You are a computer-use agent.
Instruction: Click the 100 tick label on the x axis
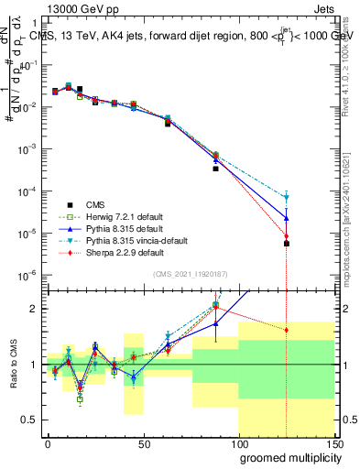coord(238,443)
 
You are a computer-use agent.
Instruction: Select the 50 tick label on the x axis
coord(143,443)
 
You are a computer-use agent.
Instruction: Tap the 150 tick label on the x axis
coord(333,443)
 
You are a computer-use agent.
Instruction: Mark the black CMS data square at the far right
coord(287,244)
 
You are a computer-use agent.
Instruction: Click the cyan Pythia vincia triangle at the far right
coord(287,197)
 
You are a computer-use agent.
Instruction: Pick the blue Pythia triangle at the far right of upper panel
coord(287,217)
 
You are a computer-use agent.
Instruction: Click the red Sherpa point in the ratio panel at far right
coord(287,330)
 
